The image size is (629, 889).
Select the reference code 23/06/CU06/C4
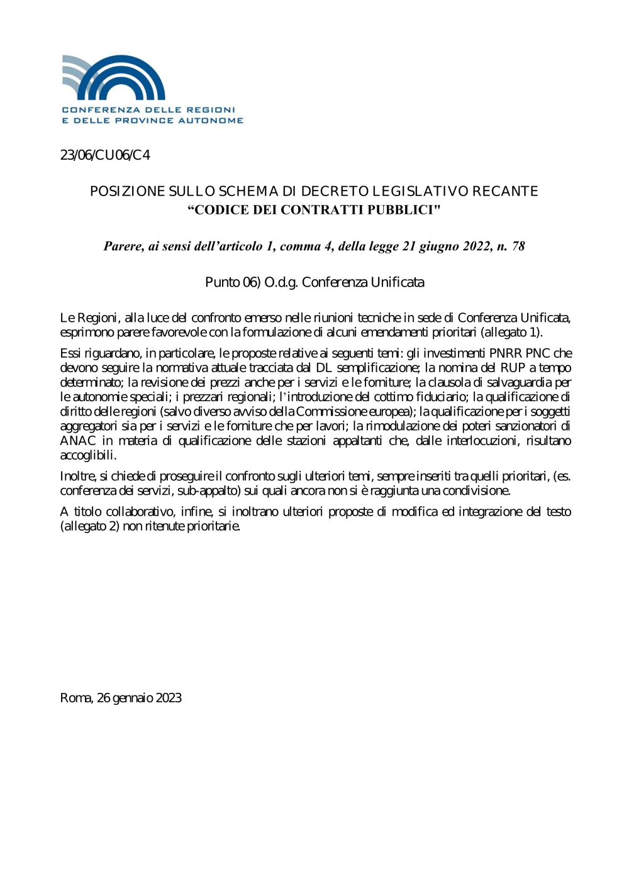[x=105, y=155]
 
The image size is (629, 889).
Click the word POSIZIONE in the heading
[x=128, y=191]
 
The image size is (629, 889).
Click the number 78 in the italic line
[x=518, y=246]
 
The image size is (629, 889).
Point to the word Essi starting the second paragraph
[x=70, y=353]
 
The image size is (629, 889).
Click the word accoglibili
[x=88, y=455]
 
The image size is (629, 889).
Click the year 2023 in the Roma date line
[x=169, y=698]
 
